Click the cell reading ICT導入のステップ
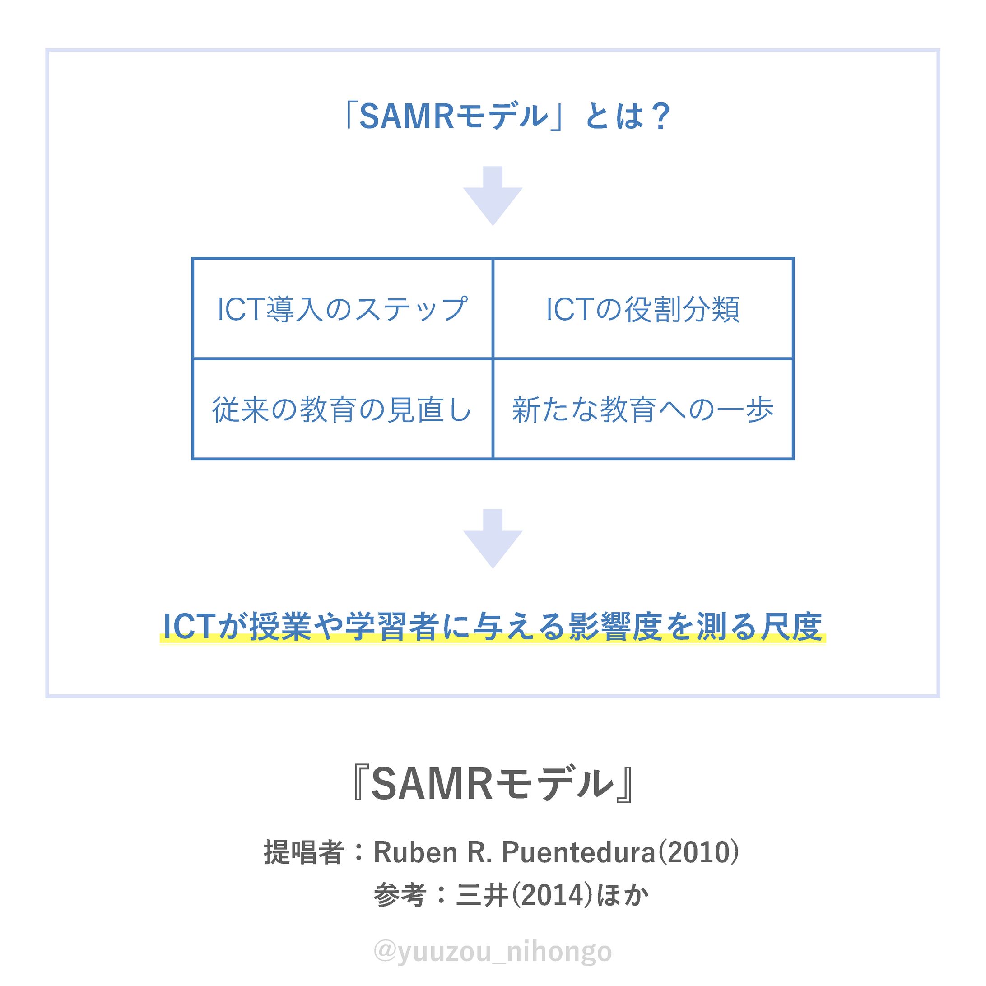[342, 309]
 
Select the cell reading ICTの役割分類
[643, 309]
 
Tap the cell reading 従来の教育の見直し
[342, 409]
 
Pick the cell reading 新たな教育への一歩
[643, 409]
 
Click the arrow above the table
[493, 196]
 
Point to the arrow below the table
[493, 540]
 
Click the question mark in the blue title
[660, 117]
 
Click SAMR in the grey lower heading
[432, 785]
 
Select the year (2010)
[697, 852]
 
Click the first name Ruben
[415, 852]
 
